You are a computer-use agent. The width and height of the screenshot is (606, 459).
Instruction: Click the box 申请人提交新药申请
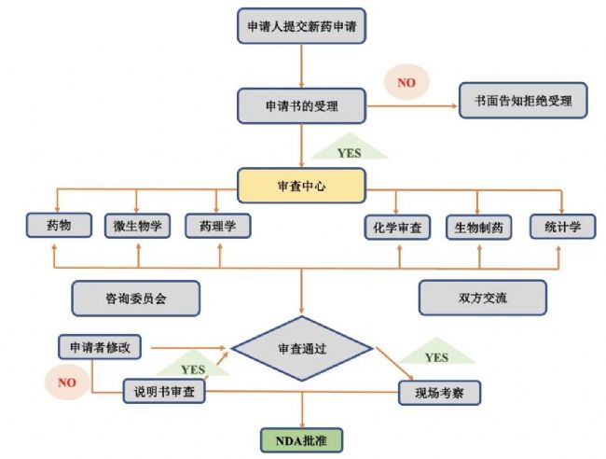[300, 27]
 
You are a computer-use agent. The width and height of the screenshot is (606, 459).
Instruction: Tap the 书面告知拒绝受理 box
[522, 101]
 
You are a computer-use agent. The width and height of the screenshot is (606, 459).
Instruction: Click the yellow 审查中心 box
[301, 186]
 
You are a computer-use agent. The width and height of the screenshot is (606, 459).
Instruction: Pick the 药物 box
[58, 225]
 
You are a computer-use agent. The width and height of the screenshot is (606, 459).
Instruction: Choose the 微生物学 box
[137, 226]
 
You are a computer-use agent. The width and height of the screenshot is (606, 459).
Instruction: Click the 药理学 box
[216, 226]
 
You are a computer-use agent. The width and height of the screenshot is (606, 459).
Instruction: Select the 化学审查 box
[396, 227]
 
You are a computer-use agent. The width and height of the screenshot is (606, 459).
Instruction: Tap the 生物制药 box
[477, 227]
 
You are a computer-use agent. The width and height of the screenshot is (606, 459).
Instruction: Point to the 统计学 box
[562, 226]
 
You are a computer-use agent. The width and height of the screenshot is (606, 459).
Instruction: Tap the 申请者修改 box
[100, 347]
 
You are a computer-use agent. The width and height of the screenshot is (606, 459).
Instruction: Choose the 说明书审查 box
[164, 391]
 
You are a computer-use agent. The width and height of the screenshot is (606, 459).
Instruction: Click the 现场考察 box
[439, 392]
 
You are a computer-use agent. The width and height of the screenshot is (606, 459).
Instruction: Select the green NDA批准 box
[302, 438]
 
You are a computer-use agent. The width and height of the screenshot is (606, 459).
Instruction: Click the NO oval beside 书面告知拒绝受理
[406, 83]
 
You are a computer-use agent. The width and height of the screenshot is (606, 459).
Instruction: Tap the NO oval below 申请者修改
[67, 381]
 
